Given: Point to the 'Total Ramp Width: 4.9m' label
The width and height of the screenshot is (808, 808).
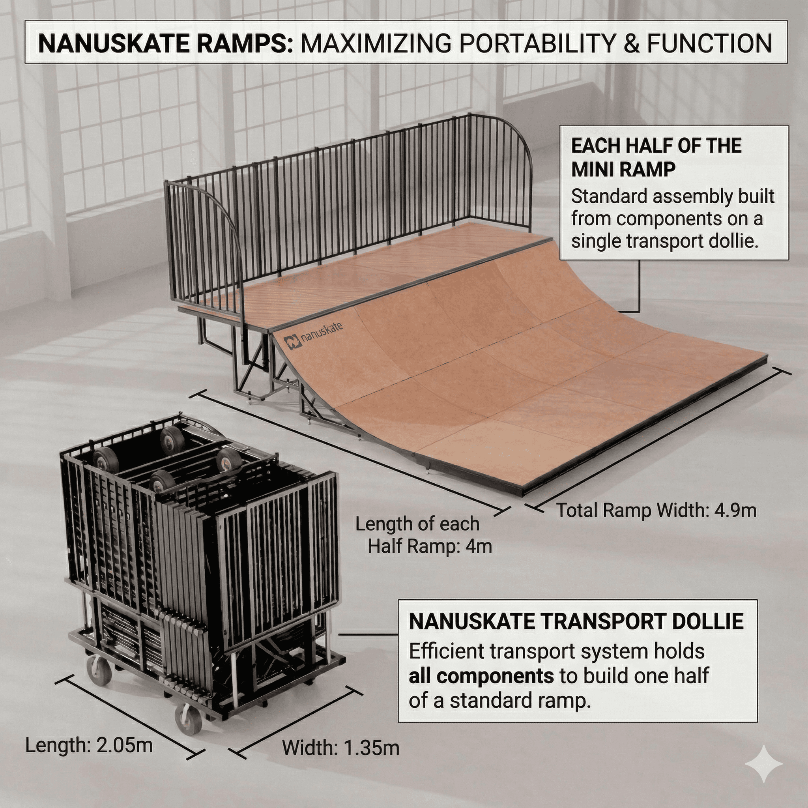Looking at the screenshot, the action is point(656,511).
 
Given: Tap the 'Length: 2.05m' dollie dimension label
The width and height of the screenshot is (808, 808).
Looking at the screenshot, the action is point(89,745).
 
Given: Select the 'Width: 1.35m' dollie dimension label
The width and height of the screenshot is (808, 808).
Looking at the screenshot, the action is point(340,747).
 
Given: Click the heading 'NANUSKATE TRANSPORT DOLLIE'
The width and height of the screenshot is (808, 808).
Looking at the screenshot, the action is point(576,621).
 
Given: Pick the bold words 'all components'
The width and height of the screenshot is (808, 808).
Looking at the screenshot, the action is point(481,676).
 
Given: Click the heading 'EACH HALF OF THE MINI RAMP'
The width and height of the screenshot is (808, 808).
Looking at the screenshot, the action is point(656,158).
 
